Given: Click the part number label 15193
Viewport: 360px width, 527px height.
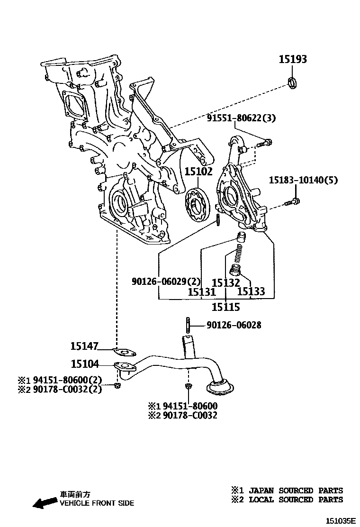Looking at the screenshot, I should (292, 59).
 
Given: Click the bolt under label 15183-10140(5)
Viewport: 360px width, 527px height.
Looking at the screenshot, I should (293, 202).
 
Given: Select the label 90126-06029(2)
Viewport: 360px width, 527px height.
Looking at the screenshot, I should (166, 281).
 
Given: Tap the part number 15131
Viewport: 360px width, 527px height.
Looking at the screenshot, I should (202, 292).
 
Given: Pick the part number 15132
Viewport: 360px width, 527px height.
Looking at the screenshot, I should (226, 282).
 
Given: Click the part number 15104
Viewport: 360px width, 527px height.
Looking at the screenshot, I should (85, 364).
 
